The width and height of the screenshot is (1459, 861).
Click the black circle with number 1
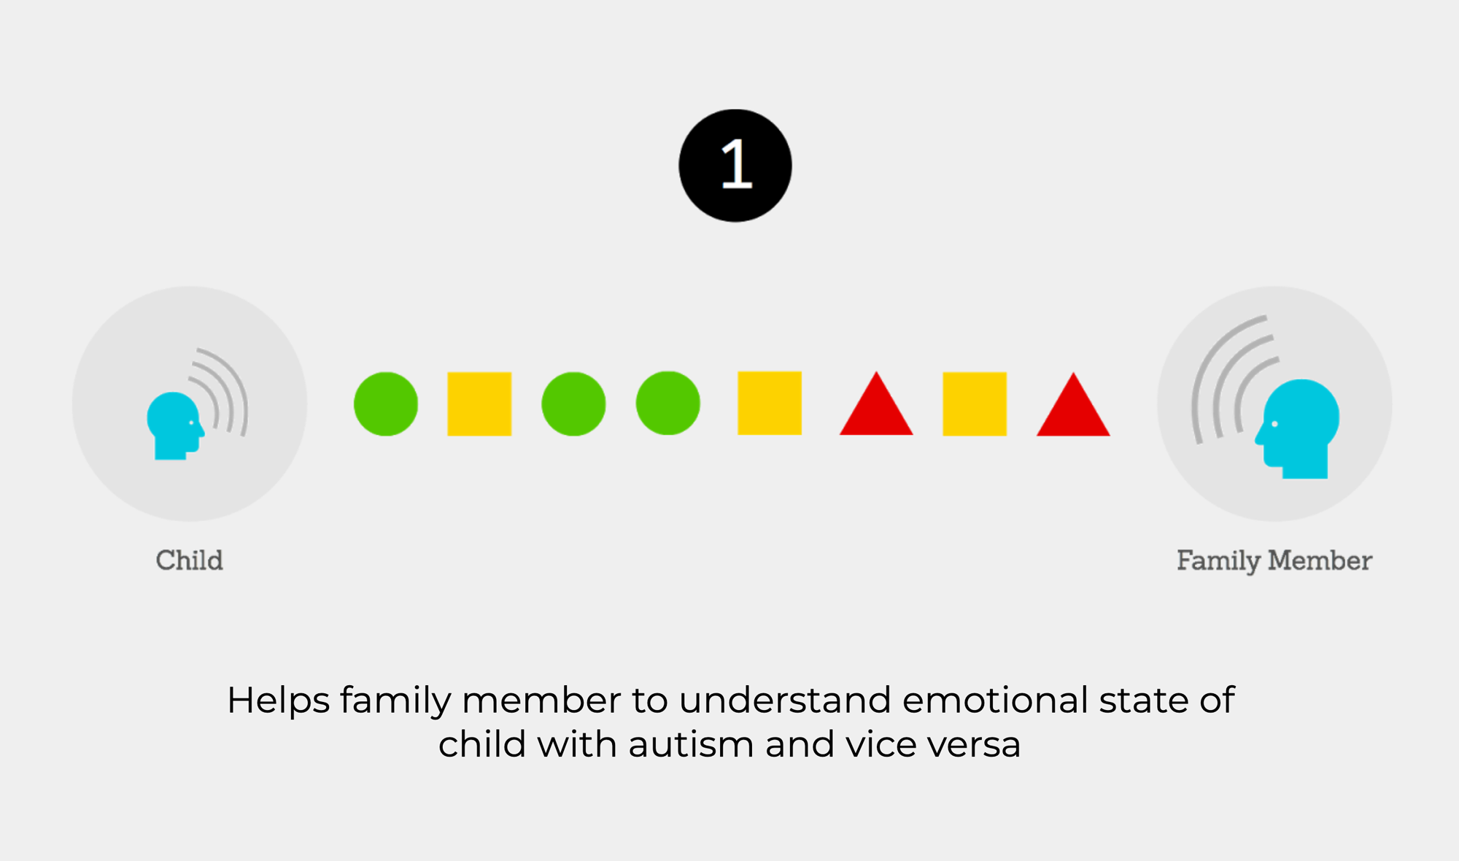pos(735,166)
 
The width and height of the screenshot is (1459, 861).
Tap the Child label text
pos(190,560)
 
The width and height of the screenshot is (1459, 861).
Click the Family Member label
pos(1274,560)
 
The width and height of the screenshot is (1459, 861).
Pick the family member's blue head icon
pos(1299,429)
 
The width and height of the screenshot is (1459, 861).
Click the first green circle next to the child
pos(386,404)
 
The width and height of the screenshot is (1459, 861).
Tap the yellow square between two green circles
pos(479,404)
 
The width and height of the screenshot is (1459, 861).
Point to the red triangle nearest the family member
pos(1073,409)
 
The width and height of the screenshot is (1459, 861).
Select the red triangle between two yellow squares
pos(876,408)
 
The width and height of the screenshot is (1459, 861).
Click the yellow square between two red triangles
pos(975,404)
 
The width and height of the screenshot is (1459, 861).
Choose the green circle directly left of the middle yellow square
pos(668,404)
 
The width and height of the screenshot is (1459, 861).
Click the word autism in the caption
pos(691,745)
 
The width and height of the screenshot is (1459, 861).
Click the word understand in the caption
pos(785,700)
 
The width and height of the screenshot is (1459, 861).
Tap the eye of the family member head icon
pos(1274,424)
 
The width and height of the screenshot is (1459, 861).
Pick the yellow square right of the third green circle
pos(770,404)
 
